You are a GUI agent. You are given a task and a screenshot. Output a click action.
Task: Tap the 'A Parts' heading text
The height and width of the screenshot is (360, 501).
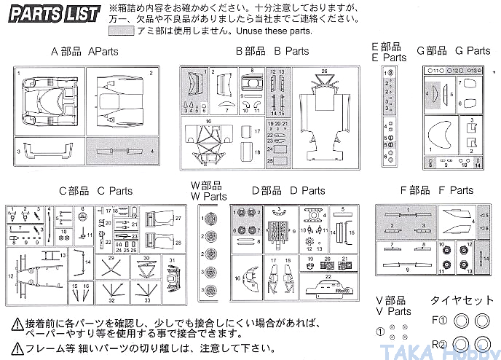[84, 52]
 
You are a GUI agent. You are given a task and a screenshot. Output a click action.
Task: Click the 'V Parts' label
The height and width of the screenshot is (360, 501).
[393, 305]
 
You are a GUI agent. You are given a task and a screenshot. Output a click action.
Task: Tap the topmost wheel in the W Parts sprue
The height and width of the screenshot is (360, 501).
[212, 217]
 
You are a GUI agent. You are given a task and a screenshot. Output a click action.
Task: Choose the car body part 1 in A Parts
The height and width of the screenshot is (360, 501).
[48, 99]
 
